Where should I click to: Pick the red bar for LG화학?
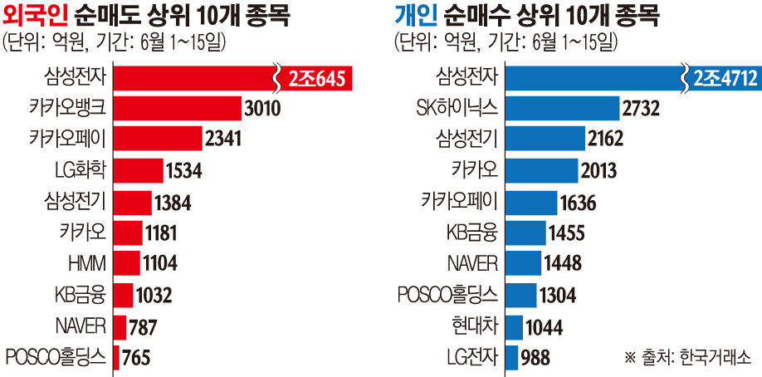point(138,171)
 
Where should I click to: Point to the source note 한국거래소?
point(714,358)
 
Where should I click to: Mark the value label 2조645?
point(318,78)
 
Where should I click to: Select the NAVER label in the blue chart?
point(471,264)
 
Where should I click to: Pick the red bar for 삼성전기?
point(132,202)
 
